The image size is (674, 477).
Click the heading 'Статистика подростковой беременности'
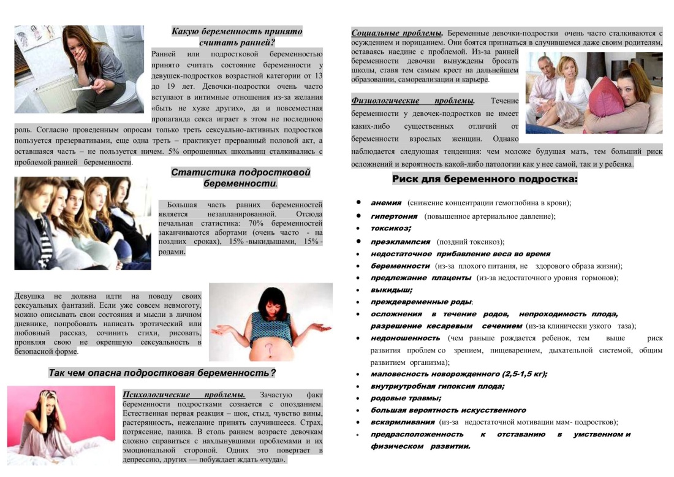point(240,178)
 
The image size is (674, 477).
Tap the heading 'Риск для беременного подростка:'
point(485,180)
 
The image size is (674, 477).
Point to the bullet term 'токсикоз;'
point(390,228)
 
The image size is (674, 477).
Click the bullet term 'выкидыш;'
point(391,289)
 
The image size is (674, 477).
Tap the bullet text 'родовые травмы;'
point(405,398)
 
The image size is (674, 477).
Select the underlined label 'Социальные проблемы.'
point(398,32)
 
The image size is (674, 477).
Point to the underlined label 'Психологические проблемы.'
point(184,394)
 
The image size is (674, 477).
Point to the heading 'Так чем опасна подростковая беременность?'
point(162,373)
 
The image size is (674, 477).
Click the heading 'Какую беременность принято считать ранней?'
point(237,37)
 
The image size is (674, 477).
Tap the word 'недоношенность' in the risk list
point(405,338)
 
